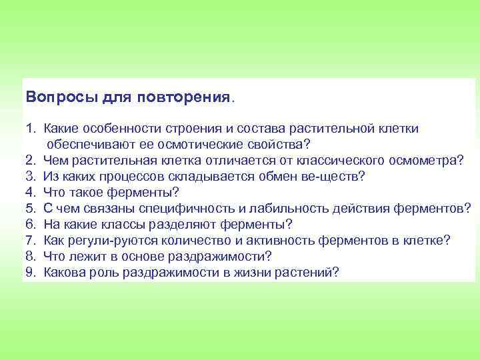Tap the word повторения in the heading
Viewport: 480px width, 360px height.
tap(183, 97)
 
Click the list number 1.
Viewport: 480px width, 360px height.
tap(30, 128)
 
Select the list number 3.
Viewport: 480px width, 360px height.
tap(30, 176)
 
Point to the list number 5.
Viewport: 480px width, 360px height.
tap(30, 208)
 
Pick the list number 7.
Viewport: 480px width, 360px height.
tap(30, 240)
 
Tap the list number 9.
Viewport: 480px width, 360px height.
tap(30, 272)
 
